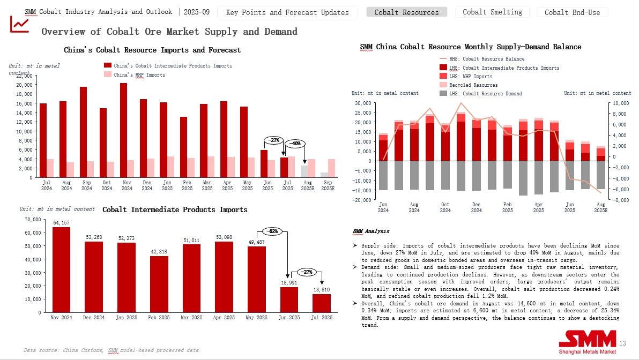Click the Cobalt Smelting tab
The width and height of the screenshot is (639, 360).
click(492, 12)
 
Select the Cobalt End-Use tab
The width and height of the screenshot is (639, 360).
click(572, 12)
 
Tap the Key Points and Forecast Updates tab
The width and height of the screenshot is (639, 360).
click(287, 12)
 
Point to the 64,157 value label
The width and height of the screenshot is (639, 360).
click(61, 222)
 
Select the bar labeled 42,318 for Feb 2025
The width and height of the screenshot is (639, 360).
click(159, 284)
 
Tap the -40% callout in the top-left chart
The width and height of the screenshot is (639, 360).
click(295, 144)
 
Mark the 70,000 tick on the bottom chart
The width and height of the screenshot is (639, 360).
click(32, 220)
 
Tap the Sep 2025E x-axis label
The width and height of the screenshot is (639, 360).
click(328, 185)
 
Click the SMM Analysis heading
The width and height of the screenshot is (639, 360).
click(371, 231)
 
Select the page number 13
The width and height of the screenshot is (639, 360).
click(622, 343)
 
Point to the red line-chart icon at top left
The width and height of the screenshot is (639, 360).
click(20, 24)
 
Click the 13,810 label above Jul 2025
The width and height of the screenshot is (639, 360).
click(322, 289)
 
